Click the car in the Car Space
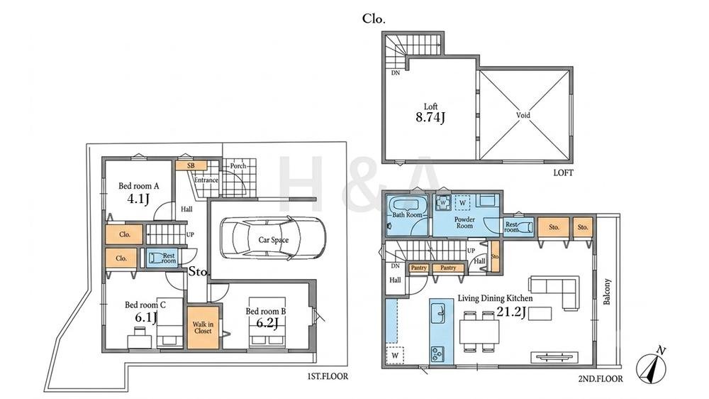tap(273, 239)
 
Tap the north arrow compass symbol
tap(651, 364)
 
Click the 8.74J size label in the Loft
tap(430, 118)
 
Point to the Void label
tap(523, 115)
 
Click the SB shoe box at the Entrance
tap(191, 165)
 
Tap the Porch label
tap(238, 165)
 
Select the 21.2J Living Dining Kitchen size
tap(511, 312)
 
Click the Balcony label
tap(607, 291)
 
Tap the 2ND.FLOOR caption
tap(600, 378)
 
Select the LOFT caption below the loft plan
tap(563, 173)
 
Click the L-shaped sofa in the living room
tap(554, 290)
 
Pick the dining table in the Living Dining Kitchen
tap(479, 332)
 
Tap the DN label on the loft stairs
tap(396, 72)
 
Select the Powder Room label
tap(464, 222)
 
